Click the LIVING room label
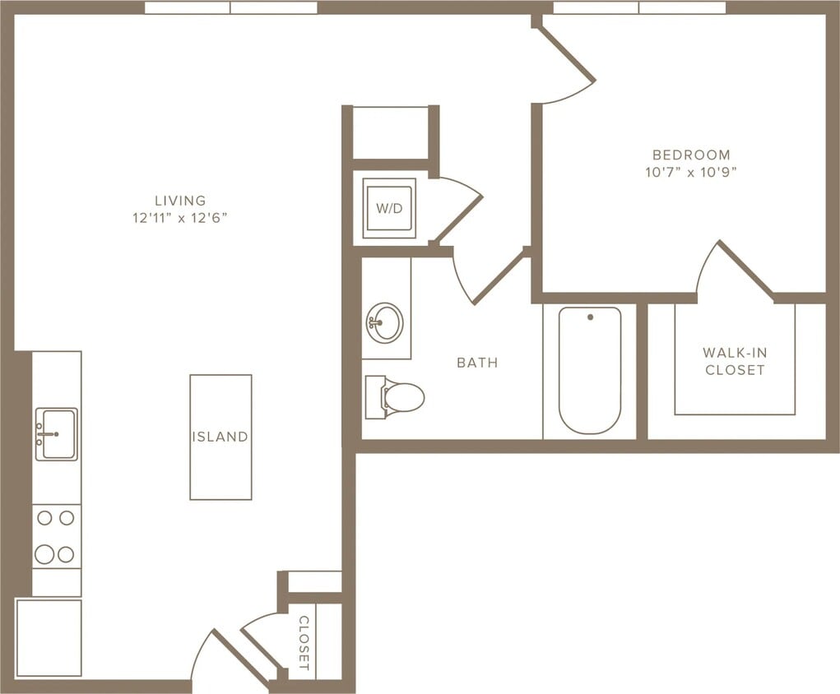point(180,200)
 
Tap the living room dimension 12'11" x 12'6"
point(180,218)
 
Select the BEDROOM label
point(691,155)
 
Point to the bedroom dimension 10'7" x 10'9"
point(691,173)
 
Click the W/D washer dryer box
point(389,208)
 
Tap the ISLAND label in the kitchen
point(220,437)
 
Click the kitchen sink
point(57,433)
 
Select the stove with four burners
point(56,536)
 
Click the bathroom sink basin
point(385,320)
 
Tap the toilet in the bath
point(397,397)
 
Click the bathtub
point(590,369)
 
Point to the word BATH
point(477,362)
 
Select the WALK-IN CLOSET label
point(735,361)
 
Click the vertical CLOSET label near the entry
point(303,641)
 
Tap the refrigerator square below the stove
point(49,637)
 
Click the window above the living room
point(230,7)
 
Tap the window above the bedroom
point(639,7)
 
